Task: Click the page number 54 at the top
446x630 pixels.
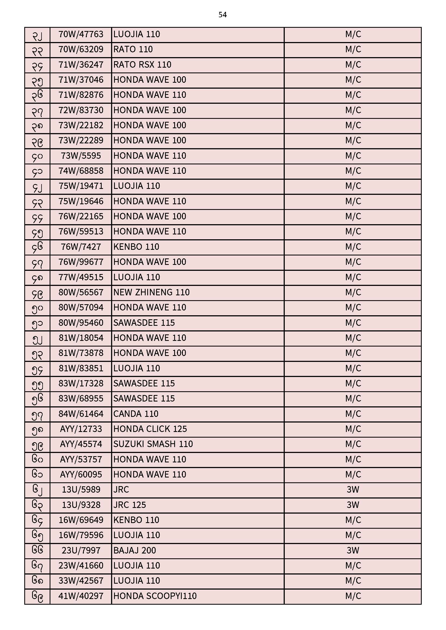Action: click(x=222, y=15)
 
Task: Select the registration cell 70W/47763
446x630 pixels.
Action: click(x=81, y=34)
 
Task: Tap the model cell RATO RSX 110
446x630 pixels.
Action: click(x=142, y=65)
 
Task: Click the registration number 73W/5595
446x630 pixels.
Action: click(x=81, y=156)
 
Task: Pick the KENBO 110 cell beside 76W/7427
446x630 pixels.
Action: click(x=136, y=247)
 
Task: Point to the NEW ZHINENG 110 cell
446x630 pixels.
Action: click(x=151, y=293)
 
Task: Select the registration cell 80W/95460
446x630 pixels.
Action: click(x=81, y=323)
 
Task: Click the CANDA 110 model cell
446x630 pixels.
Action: click(x=136, y=414)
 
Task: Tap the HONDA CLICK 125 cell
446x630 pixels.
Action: click(x=150, y=429)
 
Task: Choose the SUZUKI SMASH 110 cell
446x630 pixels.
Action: click(x=153, y=444)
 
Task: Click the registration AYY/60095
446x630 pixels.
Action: click(x=81, y=475)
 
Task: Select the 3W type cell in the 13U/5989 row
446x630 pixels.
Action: click(x=353, y=490)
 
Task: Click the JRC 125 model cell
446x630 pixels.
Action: click(x=130, y=505)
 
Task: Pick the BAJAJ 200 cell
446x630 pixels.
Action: click(x=135, y=551)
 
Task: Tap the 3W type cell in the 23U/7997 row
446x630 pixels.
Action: click(x=353, y=551)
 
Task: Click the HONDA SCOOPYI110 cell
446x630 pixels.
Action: click(x=155, y=596)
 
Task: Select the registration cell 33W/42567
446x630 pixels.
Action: click(x=81, y=581)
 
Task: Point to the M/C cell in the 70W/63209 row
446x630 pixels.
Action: click(x=353, y=50)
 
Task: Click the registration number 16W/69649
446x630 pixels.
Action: click(x=81, y=520)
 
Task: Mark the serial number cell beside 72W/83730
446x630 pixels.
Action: click(x=37, y=110)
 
